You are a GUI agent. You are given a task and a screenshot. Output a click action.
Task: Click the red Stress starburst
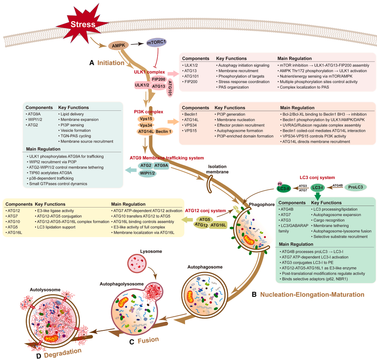pos(83,25)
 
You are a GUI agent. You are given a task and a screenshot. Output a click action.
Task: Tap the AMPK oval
pos(118,46)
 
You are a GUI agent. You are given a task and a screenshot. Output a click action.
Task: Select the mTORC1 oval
pos(157,42)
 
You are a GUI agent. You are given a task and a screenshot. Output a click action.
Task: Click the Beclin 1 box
pos(164,132)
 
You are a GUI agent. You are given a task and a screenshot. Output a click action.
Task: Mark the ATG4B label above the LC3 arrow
pos(338,185)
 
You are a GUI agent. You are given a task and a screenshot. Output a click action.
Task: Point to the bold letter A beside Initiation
pos(92,62)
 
